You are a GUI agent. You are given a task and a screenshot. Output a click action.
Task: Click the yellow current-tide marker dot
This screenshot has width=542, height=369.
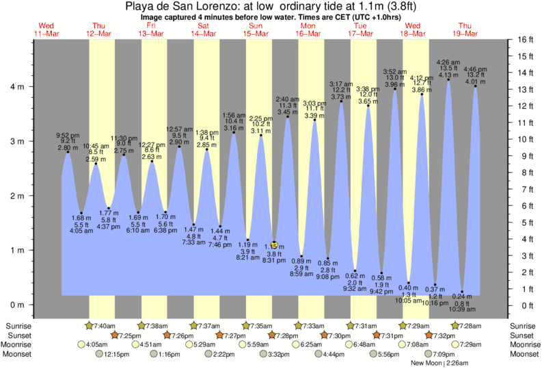(273, 244)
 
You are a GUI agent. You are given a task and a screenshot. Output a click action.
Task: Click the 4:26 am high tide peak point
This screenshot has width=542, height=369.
(448, 79)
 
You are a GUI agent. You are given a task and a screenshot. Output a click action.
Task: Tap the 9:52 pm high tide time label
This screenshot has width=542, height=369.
(68, 135)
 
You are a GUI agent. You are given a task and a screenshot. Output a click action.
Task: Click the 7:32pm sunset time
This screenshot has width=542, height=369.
(444, 335)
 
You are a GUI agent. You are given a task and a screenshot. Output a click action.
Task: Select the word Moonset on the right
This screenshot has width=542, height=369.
(524, 355)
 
